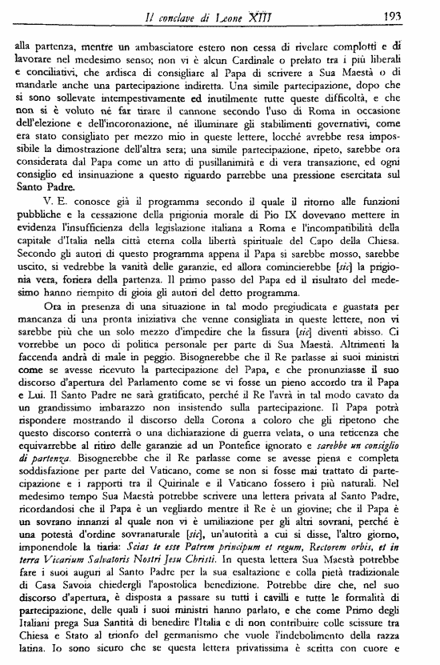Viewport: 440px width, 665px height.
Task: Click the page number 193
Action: (414, 17)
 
